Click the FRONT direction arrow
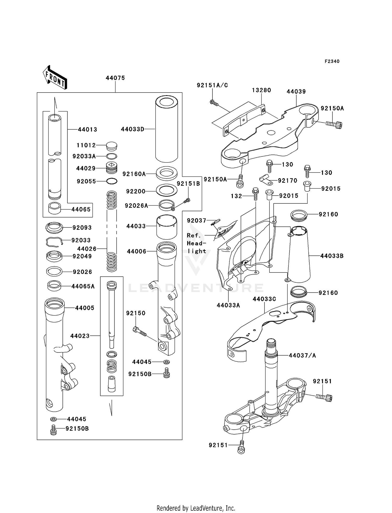tap(55, 78)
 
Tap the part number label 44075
tap(115, 78)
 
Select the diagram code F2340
tap(332, 61)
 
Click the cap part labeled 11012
tap(112, 146)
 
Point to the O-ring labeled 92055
tap(112, 181)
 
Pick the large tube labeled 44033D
tap(166, 129)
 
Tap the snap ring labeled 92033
tap(54, 241)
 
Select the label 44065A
tap(83, 286)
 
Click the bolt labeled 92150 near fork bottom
tap(139, 332)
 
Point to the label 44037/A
tap(302, 355)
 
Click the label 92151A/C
tap(212, 85)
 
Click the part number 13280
tap(261, 90)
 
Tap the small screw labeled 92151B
tap(187, 201)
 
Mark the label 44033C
tap(264, 299)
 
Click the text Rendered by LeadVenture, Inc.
tap(196, 508)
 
